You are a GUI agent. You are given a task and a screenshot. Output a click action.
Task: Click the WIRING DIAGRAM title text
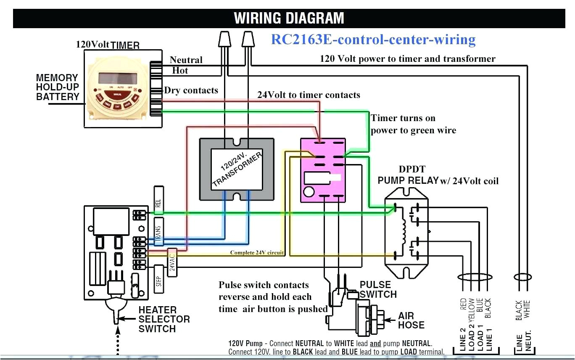[289, 18]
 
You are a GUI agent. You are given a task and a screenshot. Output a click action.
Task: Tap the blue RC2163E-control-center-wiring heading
[373, 40]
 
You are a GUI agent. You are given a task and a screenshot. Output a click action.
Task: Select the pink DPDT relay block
[323, 170]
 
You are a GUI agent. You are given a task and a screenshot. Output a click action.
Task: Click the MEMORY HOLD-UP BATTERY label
[58, 87]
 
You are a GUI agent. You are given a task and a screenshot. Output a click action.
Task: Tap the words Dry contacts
[191, 90]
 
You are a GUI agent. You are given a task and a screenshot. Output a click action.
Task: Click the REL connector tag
[158, 203]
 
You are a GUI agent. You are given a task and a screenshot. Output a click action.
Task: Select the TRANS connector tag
[158, 232]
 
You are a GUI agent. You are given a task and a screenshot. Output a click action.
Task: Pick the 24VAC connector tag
[171, 262]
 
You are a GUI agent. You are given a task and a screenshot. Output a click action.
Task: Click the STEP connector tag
[158, 279]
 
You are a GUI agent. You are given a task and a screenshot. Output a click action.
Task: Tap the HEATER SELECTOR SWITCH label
[164, 319]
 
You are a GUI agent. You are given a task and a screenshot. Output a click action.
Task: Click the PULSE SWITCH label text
[378, 289]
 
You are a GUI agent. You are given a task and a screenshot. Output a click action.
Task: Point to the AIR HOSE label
[411, 320]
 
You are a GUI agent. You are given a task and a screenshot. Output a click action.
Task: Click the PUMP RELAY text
[408, 180]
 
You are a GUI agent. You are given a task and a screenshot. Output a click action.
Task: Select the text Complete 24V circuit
[257, 253]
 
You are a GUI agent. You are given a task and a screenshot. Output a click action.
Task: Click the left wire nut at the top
[224, 40]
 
